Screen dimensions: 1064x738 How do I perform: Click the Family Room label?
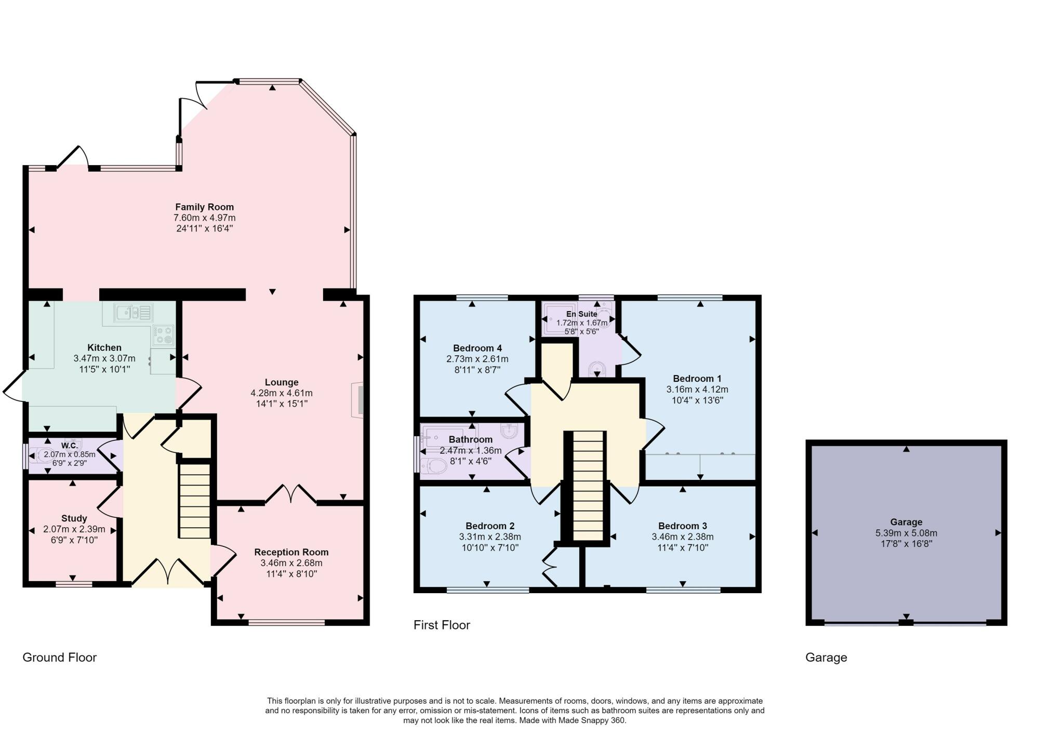click(204, 207)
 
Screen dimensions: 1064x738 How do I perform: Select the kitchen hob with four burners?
click(164, 335)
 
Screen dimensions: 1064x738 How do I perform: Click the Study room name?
click(74, 518)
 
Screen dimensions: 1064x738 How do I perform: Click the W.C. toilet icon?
click(41, 455)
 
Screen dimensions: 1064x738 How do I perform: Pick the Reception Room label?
click(291, 552)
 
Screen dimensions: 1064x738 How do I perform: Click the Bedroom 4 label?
click(477, 348)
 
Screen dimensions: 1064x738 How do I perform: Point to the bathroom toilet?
click(434, 466)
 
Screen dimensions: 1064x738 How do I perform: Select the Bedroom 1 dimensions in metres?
click(697, 390)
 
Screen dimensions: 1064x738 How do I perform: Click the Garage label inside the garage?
click(906, 522)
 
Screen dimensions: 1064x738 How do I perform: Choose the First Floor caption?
click(442, 625)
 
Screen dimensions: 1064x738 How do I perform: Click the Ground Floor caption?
click(60, 658)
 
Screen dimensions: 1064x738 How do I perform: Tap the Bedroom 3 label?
click(683, 526)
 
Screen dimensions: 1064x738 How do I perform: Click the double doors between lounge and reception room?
click(291, 495)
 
